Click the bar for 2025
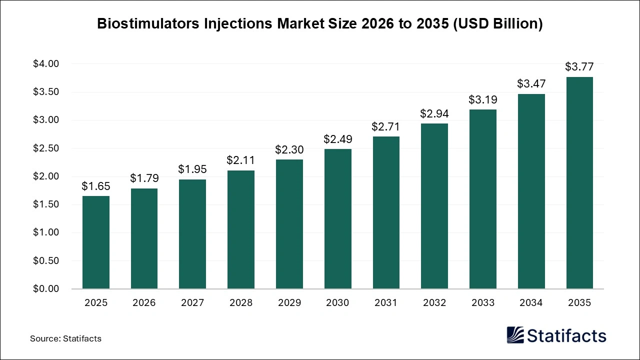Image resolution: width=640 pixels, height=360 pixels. click(x=96, y=242)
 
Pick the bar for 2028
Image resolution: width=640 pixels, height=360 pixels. click(x=241, y=229)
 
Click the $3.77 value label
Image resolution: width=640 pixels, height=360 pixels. click(x=579, y=66)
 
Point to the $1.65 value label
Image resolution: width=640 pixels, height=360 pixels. click(x=96, y=186)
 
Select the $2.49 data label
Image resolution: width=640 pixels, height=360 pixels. click(x=337, y=138)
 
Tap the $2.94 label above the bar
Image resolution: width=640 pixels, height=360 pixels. click(x=434, y=113)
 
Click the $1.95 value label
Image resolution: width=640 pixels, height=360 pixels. click(x=192, y=169)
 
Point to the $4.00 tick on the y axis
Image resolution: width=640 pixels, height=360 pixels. click(x=46, y=64)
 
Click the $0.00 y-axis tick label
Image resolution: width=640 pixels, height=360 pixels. click(x=46, y=289)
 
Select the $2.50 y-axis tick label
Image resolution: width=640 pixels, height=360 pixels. click(x=46, y=148)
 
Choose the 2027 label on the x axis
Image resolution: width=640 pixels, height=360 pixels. click(x=192, y=303)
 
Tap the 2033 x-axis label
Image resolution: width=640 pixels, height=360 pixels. click(x=482, y=303)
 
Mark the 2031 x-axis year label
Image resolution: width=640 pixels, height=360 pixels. click(x=386, y=303)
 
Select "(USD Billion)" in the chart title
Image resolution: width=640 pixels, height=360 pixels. click(x=497, y=24)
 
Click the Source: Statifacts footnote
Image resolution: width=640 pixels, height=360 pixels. click(x=65, y=338)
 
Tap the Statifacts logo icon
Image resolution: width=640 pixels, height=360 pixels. click(x=515, y=335)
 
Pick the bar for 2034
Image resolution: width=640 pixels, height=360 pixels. click(x=531, y=191)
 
